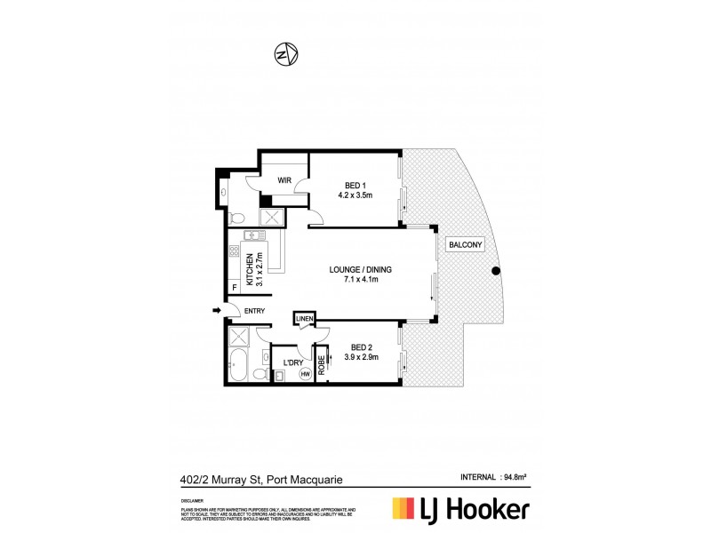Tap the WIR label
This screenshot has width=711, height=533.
click(285, 179)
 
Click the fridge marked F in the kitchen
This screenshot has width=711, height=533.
click(235, 287)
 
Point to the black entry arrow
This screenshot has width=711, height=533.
click(217, 310)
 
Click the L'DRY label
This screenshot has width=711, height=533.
click(293, 362)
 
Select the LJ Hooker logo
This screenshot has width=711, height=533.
click(461, 509)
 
